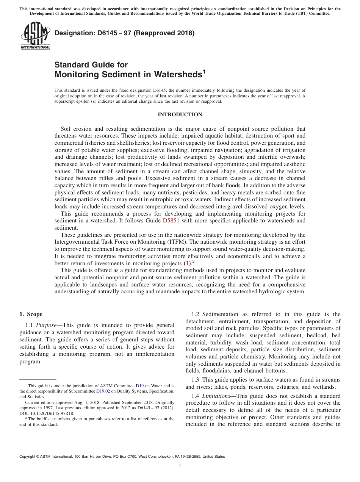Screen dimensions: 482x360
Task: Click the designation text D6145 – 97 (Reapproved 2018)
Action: point(125,33)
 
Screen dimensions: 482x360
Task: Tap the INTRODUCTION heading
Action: point(180,114)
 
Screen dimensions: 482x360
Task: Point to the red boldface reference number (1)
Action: point(186,263)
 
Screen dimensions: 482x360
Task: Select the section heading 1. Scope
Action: point(31,314)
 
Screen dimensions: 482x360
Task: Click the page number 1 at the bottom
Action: point(180,466)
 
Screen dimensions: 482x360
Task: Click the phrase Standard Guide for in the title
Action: point(91,65)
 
